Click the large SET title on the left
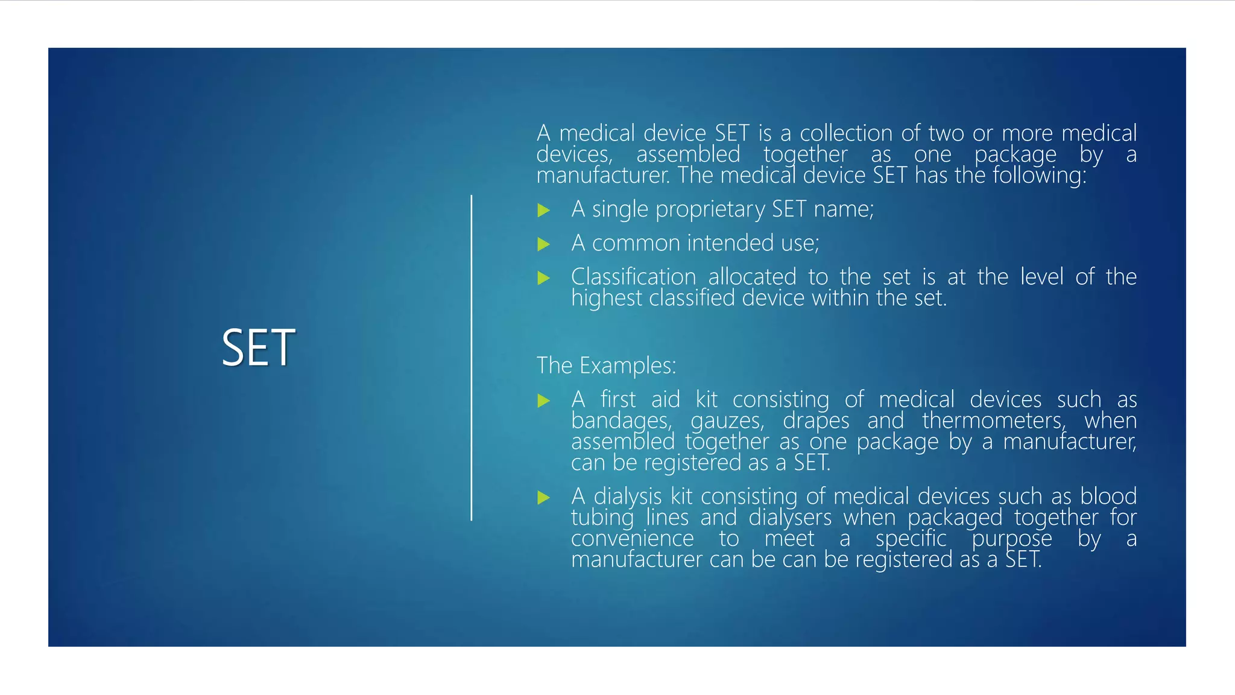pos(258,348)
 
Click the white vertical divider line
pos(472,357)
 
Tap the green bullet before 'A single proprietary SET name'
pos(544,211)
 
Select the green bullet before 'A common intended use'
pos(544,244)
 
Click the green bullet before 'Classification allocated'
pos(544,278)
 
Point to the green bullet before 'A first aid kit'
pos(544,401)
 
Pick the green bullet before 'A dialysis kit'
pos(544,498)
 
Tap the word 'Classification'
pos(633,277)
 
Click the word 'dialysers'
pos(789,518)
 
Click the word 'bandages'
pos(621,420)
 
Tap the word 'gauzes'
pos(727,420)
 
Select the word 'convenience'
pos(632,538)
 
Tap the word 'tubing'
pos(602,518)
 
